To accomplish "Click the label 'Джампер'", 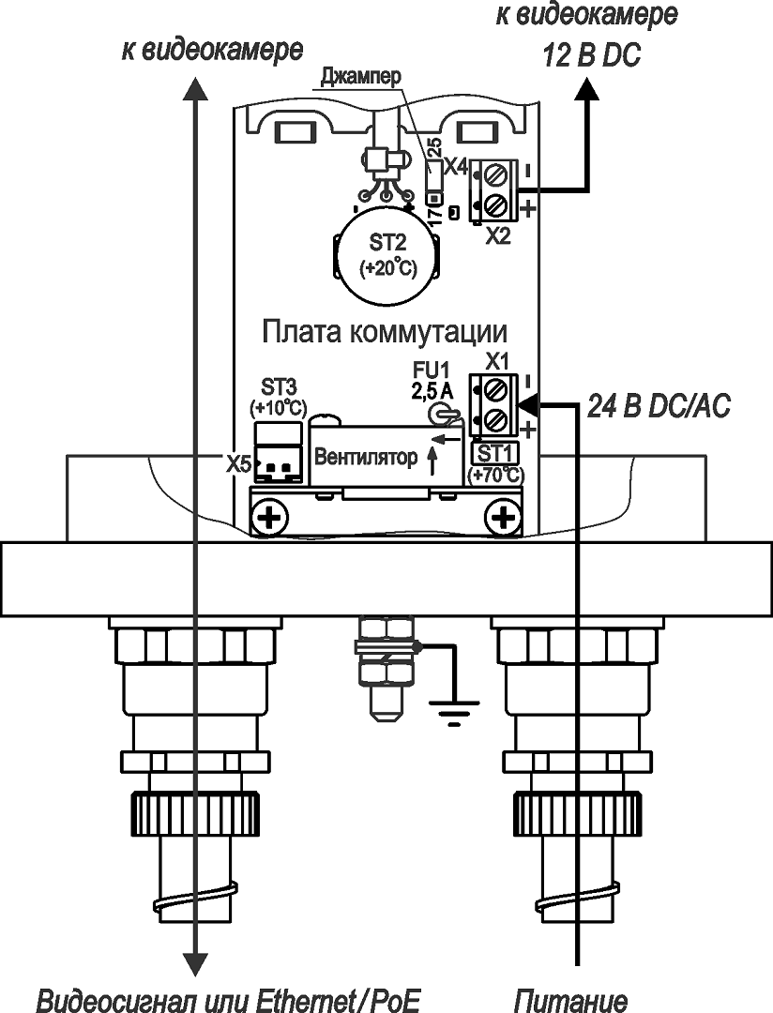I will [360, 75].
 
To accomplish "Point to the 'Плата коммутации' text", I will [385, 333].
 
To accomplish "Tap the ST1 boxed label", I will [492, 452].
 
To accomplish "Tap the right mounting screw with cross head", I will [507, 517].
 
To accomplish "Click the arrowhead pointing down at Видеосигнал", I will [194, 964].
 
